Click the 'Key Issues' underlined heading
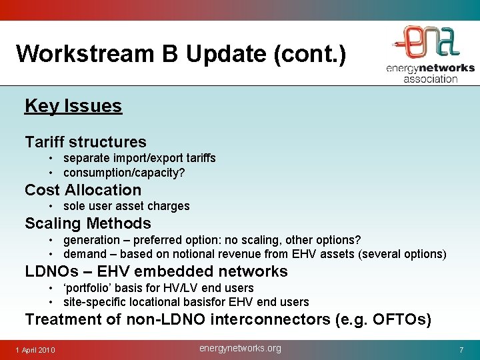pyautogui.click(x=73, y=106)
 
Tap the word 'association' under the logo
pyautogui.click(x=430, y=78)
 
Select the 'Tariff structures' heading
pyautogui.click(x=85, y=141)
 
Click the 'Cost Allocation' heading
pyautogui.click(x=83, y=190)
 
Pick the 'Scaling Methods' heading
pyautogui.click(x=87, y=223)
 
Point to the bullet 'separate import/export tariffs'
pyautogui.click(x=139, y=158)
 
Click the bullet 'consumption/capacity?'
pyautogui.click(x=124, y=173)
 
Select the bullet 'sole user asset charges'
pyautogui.click(x=126, y=206)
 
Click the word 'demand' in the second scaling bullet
pyautogui.click(x=85, y=254)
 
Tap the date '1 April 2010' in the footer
pyautogui.click(x=36, y=351)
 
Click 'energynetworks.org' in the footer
pyautogui.click(x=241, y=349)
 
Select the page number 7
pyautogui.click(x=461, y=350)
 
